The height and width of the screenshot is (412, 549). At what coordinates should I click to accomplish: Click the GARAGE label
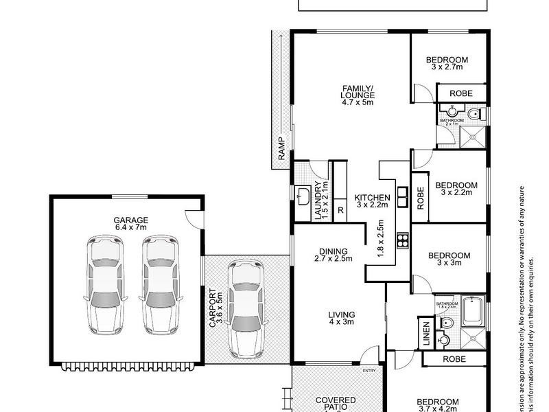pos(130,220)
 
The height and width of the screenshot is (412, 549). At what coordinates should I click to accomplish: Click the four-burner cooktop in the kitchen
pos(403,240)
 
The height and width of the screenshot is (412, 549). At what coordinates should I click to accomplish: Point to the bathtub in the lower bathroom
pos(473,310)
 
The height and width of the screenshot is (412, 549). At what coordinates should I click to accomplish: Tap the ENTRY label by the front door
pos(370,371)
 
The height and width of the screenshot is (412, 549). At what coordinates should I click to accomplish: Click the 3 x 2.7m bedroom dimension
pos(447,67)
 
